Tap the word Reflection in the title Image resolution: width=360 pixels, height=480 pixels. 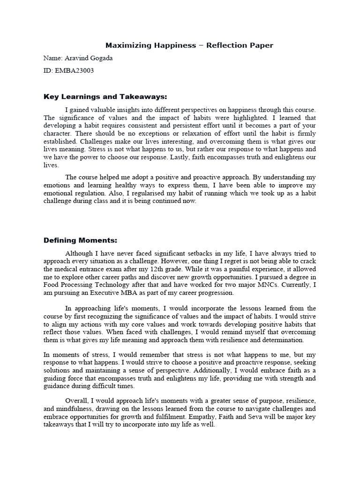pyautogui.click(x=217, y=45)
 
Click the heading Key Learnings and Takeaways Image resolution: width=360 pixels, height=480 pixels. pyautogui.click(x=105, y=97)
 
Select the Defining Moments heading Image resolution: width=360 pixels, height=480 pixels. pyautogui.click(x=80, y=240)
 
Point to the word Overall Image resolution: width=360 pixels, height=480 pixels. pyautogui.click(x=78, y=401)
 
